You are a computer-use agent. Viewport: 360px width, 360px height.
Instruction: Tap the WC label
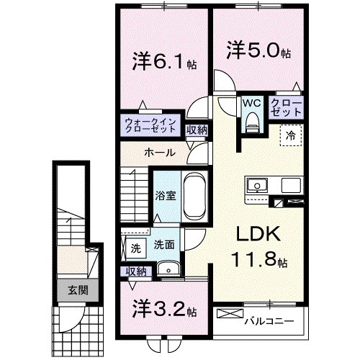pyautogui.click(x=251, y=104)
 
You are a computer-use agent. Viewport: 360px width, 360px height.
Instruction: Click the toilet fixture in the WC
pyautogui.click(x=251, y=124)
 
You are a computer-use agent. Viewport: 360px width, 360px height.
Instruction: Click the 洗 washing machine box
pyautogui.click(x=135, y=248)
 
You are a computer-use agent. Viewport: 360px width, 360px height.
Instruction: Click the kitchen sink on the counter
pyautogui.click(x=256, y=186)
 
